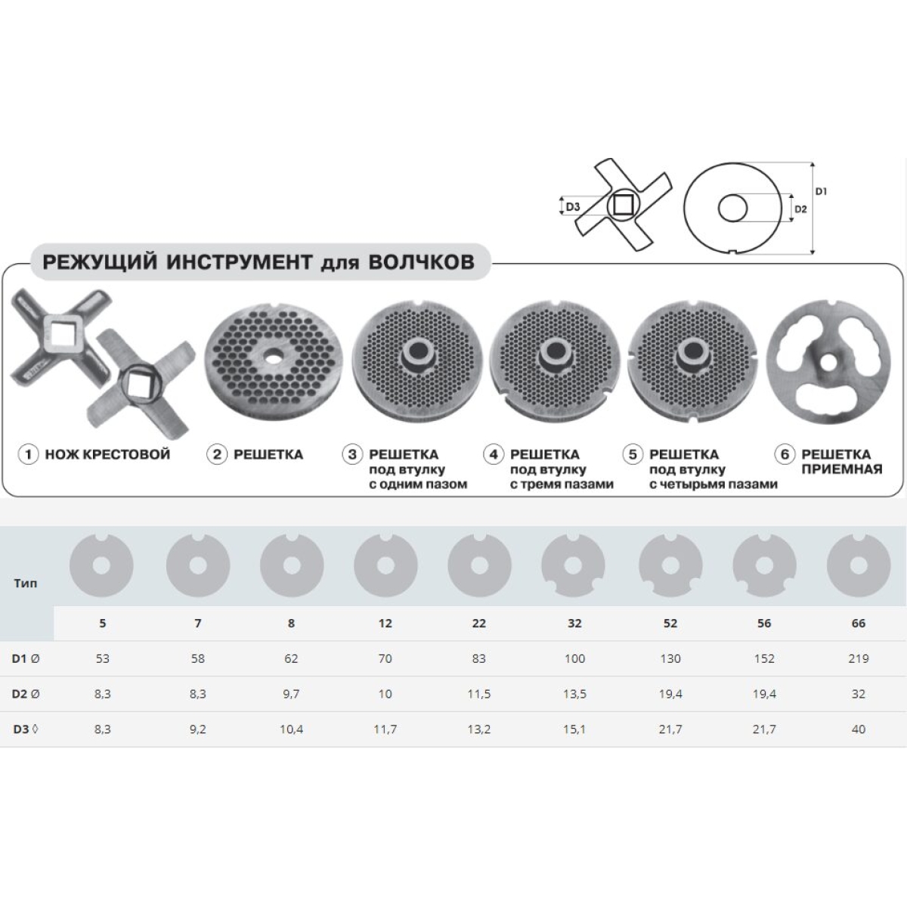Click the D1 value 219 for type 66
(x=858, y=658)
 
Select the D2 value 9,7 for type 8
(x=291, y=694)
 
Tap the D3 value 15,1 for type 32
(x=574, y=729)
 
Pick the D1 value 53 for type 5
(x=102, y=658)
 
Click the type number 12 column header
(x=385, y=623)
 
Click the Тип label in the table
(x=26, y=584)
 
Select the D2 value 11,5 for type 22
(x=478, y=694)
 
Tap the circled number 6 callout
(x=785, y=455)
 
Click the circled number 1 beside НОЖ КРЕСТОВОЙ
(x=28, y=455)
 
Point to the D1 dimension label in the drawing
(x=822, y=191)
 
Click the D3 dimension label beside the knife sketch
(x=572, y=206)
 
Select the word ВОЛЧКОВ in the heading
(x=421, y=262)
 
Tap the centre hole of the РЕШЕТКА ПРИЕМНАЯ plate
(x=828, y=361)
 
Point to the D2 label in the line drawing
(x=800, y=209)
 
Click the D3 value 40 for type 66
(x=858, y=729)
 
